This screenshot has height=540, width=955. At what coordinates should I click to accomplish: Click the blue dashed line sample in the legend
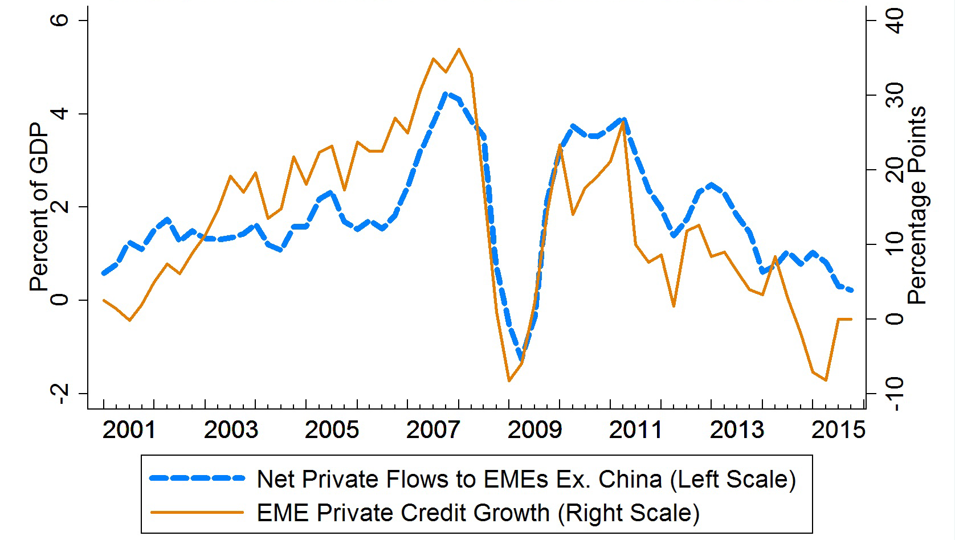[197, 479]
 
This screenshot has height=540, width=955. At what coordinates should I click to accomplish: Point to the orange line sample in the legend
[197, 512]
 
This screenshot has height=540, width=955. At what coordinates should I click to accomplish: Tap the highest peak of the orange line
[459, 49]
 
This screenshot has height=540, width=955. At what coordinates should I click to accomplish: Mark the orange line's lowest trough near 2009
[509, 381]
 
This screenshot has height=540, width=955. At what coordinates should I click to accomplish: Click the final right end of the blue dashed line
[851, 291]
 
